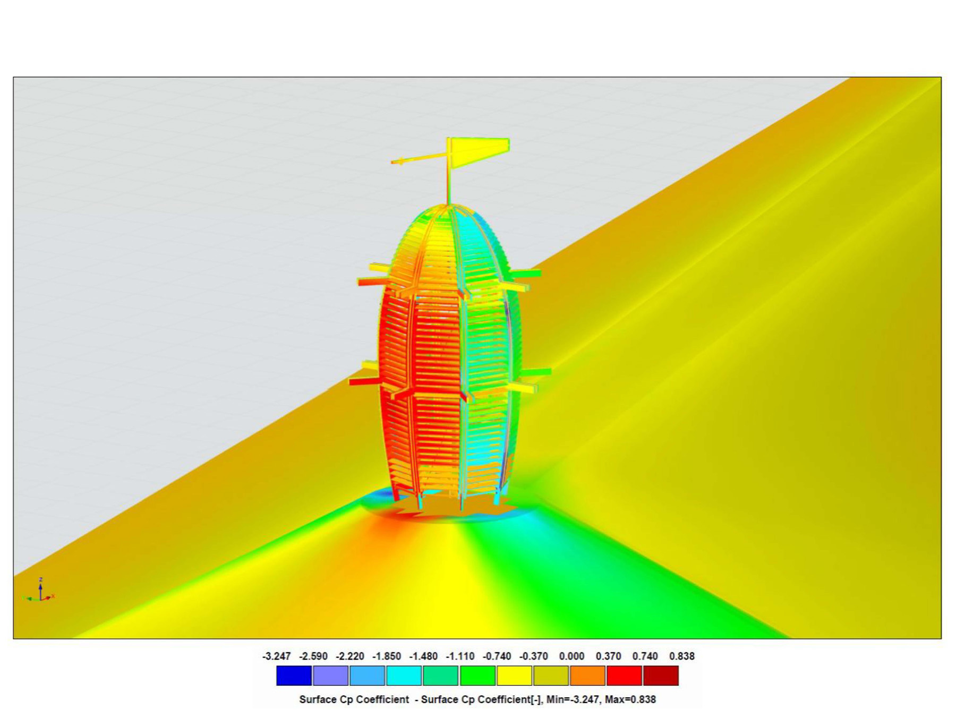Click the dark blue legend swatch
click(294, 676)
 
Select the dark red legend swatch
click(661, 676)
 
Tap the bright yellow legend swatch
click(514, 676)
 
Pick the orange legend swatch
click(587, 676)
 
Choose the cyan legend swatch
click(404, 676)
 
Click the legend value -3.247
click(276, 656)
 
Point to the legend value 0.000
click(571, 656)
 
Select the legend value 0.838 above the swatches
click(681, 656)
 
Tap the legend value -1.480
click(423, 656)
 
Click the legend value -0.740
click(497, 656)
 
